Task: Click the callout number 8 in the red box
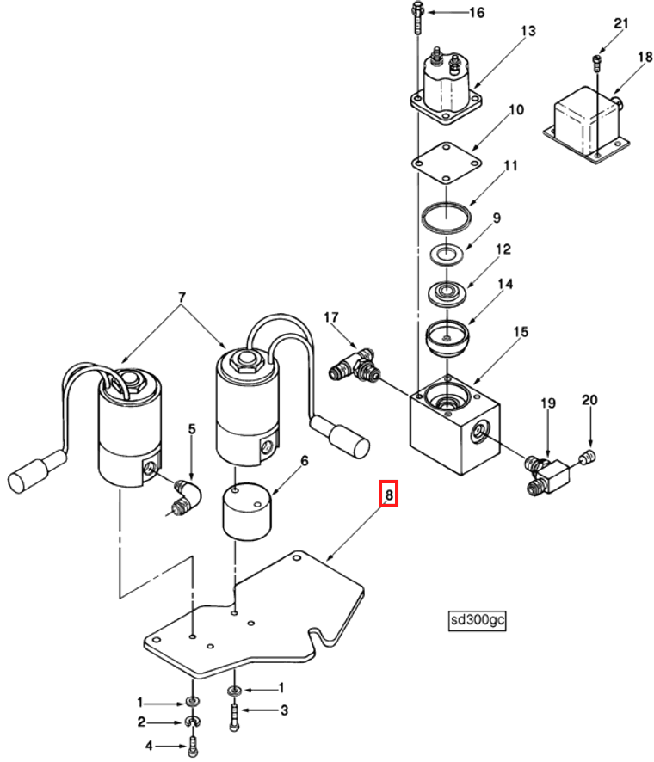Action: [x=389, y=495]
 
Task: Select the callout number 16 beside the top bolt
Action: [x=476, y=12]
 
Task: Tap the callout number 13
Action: [x=528, y=32]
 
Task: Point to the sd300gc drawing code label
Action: [x=476, y=619]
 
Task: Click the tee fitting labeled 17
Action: [x=355, y=365]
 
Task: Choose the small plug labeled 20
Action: [x=589, y=455]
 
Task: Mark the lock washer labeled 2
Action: [x=193, y=721]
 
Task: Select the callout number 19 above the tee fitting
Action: [x=548, y=403]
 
